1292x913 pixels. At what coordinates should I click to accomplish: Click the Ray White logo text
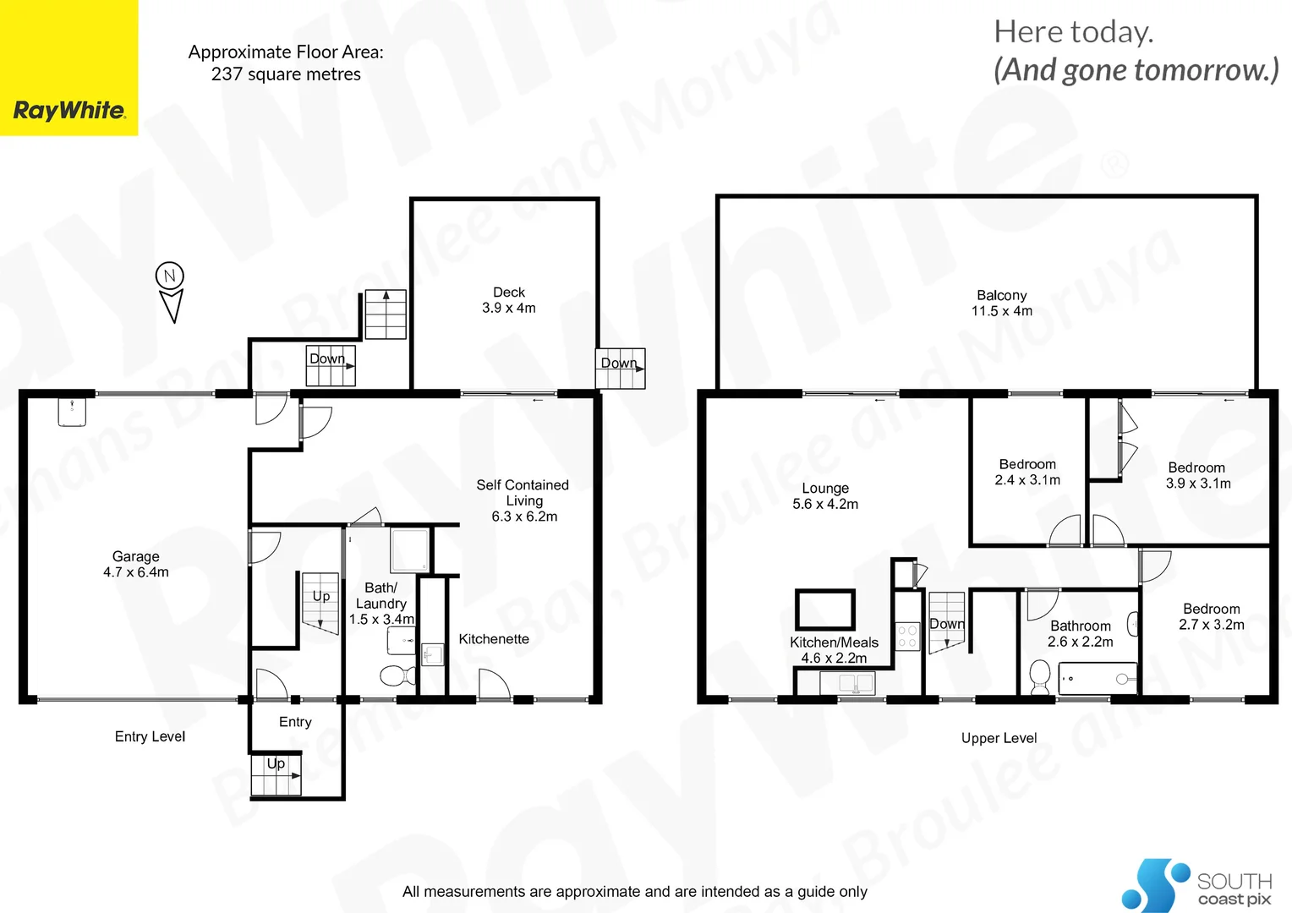[69, 111]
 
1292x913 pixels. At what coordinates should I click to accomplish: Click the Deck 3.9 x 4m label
[508, 300]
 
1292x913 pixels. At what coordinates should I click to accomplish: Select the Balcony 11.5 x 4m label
[1001, 303]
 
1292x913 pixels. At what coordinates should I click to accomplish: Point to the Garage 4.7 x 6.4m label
[135, 564]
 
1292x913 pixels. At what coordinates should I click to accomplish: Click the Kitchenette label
[494, 639]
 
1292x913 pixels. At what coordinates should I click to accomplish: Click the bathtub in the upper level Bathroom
[1097, 678]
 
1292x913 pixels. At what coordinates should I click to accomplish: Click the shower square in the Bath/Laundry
[410, 549]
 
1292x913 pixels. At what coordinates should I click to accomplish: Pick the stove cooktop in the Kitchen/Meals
[907, 637]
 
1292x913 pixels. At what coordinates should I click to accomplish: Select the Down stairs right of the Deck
[621, 369]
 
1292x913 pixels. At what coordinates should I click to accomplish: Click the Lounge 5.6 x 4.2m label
[824, 496]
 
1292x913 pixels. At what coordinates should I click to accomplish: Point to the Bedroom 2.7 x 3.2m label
[1211, 616]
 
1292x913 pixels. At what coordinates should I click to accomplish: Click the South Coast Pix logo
[1196, 886]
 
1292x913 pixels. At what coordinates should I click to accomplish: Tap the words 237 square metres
[286, 74]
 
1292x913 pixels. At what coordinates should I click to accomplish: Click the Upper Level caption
[999, 738]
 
